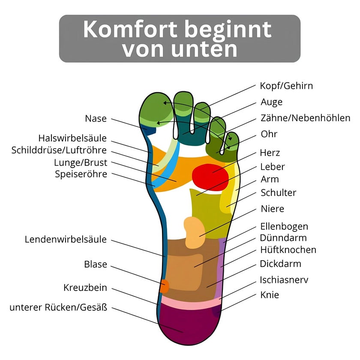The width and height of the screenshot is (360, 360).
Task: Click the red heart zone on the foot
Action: point(210,177)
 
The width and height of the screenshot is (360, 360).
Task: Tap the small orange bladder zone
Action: point(165,286)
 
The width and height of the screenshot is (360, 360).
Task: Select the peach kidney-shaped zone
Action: point(194,232)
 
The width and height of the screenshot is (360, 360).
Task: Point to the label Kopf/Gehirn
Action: point(286,86)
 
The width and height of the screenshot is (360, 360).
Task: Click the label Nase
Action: point(96,119)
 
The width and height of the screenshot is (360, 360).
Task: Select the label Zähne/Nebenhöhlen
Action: point(305,118)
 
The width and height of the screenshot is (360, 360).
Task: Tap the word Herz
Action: point(270,153)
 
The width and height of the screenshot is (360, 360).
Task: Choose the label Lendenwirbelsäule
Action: point(66,239)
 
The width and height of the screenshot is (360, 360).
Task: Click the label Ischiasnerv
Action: point(284,280)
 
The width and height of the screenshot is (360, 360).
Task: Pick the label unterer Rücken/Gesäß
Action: point(58,307)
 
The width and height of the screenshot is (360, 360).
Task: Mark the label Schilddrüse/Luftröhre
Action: point(59,150)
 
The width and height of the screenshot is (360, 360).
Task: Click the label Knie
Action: point(270,295)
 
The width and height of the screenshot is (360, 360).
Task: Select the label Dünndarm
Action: point(283,238)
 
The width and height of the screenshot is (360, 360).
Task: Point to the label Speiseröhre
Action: point(81,174)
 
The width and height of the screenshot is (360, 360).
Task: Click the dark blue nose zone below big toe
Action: point(149,130)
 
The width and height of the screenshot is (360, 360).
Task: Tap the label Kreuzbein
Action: point(85,288)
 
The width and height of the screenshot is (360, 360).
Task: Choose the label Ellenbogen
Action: point(284,227)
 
